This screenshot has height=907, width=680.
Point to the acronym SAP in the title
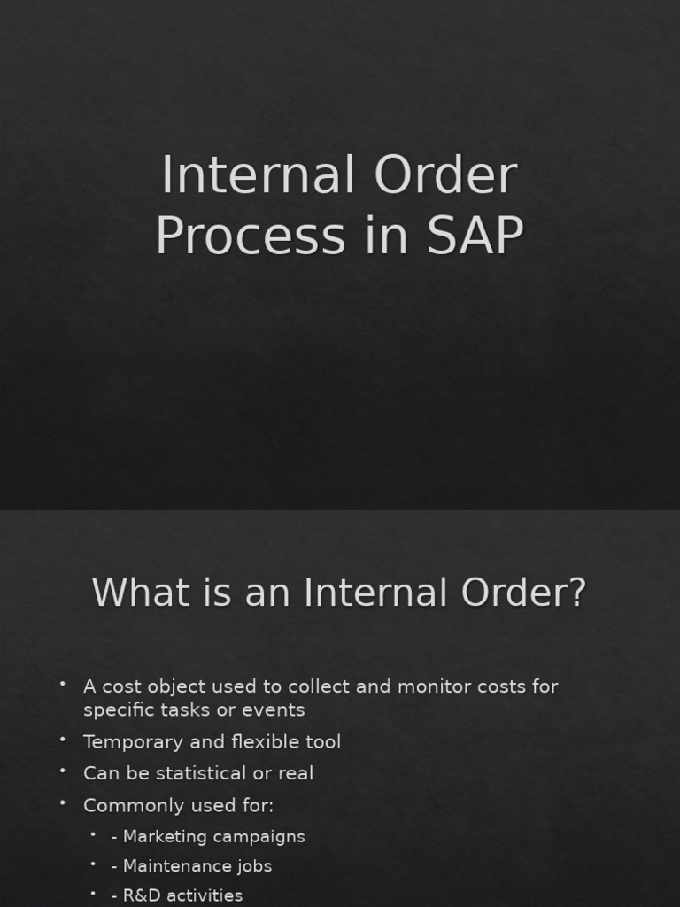point(475,236)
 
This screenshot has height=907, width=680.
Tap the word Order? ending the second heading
point(522,593)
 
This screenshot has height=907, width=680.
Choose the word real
point(295,773)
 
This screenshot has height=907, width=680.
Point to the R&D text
point(142,895)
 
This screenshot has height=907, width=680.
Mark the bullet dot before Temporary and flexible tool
point(64,739)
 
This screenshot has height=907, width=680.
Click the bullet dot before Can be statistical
point(64,771)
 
